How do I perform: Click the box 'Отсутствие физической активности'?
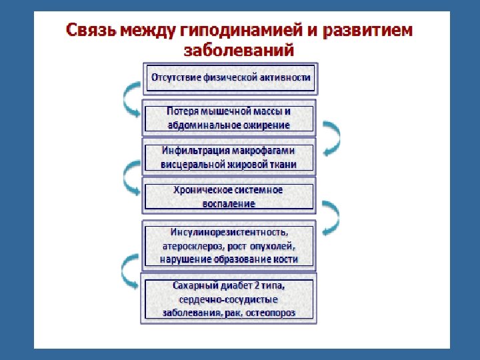tap(231, 78)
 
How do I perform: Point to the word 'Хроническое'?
tap(201, 190)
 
